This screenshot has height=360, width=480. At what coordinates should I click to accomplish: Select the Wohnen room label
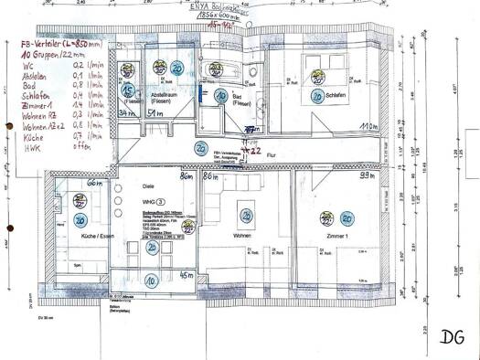click(241, 235)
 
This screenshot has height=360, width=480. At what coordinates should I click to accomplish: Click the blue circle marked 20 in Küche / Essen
click(80, 219)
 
